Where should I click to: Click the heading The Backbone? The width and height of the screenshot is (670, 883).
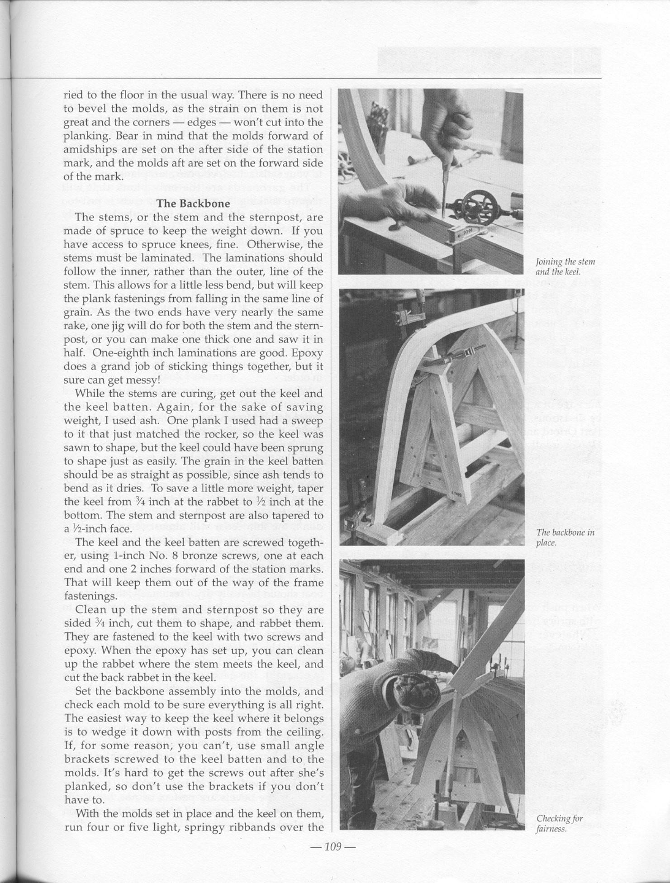click(x=193, y=204)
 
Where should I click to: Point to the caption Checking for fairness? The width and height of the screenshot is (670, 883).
click(x=559, y=824)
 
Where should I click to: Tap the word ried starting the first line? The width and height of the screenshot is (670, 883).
click(x=71, y=95)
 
